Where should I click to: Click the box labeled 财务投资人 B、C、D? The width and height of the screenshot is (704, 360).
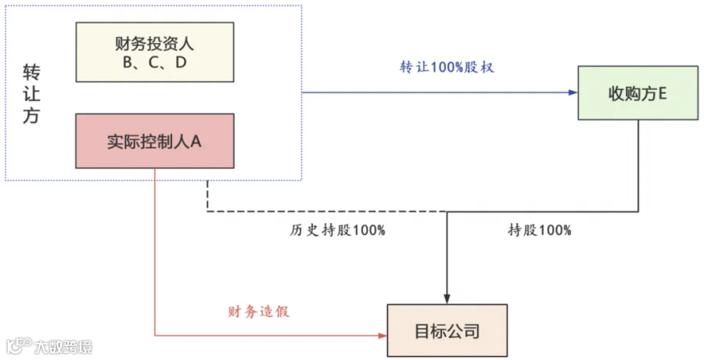pos(155,52)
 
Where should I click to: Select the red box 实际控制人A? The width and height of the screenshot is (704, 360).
pos(155,141)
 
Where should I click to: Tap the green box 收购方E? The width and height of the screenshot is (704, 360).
pos(638,93)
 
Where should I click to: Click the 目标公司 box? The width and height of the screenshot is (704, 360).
pos(447,330)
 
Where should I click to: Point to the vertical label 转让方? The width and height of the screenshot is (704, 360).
pos(31,94)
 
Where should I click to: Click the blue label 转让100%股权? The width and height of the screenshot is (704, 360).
pos(447,67)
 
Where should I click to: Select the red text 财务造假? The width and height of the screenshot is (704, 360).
pos(259,311)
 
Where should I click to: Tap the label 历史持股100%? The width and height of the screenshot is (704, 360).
pos(338,230)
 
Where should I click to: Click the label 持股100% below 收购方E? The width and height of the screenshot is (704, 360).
pos(540,230)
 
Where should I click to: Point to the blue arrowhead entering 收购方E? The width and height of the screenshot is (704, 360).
pos(573,92)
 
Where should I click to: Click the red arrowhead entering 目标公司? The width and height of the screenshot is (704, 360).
pos(383,335)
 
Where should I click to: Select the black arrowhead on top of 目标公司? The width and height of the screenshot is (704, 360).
pos(447,299)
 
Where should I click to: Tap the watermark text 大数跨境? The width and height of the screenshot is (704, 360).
pos(63,347)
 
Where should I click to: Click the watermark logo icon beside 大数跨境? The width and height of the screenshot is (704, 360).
pos(19,345)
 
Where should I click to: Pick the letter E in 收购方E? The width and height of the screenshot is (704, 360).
pos(662,94)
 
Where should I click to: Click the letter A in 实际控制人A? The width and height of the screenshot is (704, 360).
pos(196,142)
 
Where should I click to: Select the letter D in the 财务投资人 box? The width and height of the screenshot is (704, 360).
pos(181,62)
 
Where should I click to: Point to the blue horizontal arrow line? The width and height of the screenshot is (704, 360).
pos(440,92)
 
